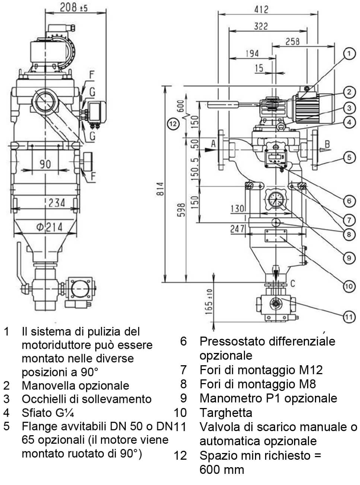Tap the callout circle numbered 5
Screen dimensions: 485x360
349,157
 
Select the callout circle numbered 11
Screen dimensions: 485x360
348,317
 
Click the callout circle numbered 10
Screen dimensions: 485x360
348,286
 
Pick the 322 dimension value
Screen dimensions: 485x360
261,26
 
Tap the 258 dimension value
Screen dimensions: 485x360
292,41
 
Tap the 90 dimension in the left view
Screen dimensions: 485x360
45,164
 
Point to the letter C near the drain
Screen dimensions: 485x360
292,285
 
